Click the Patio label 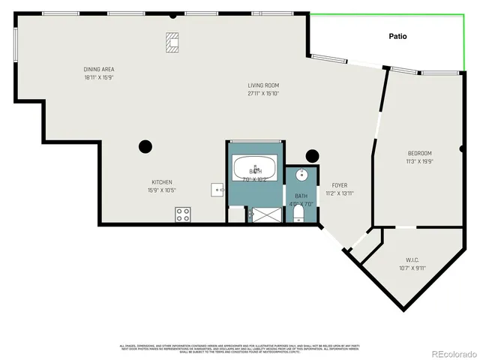(397, 36)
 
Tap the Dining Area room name (98, 69)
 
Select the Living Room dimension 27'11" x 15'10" (263, 94)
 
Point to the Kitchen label (162, 182)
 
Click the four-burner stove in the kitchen (182, 214)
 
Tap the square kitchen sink (218, 190)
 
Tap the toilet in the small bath (299, 215)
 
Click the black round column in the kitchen (145, 146)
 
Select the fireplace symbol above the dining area (173, 42)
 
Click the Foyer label (339, 185)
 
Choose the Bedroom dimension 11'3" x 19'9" (419, 160)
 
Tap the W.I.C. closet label (412, 260)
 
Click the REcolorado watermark (452, 354)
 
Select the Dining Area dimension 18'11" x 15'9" (98, 76)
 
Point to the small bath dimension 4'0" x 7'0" (301, 203)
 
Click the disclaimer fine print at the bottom (240, 347)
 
